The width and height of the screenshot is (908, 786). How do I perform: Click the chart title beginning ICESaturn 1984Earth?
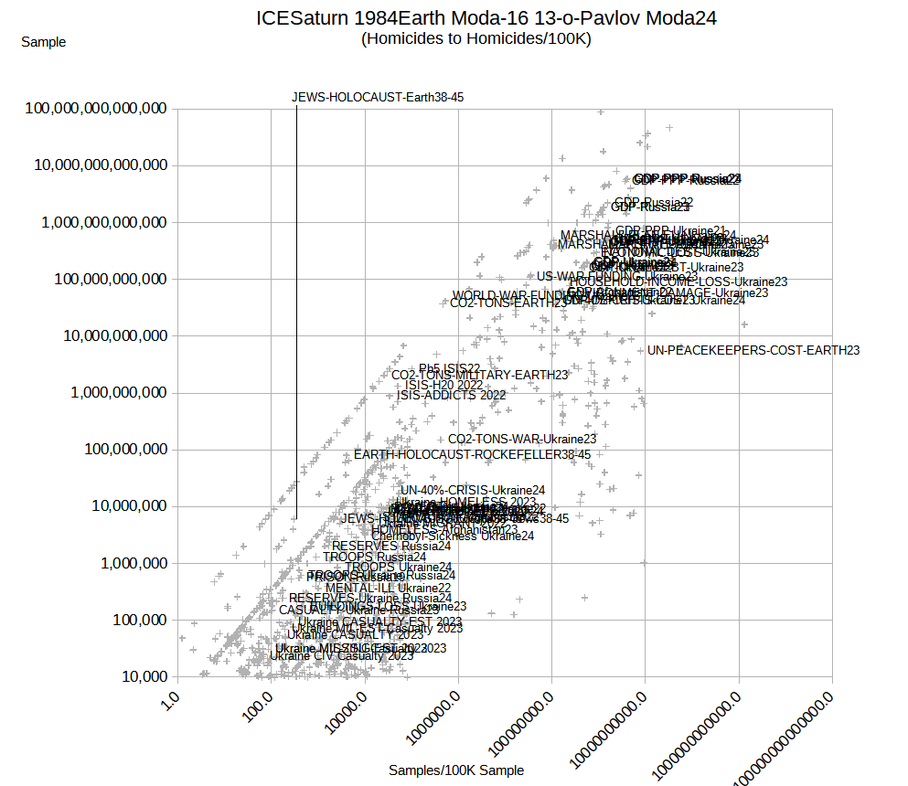(x=486, y=17)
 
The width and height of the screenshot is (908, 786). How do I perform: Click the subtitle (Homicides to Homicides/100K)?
(x=476, y=38)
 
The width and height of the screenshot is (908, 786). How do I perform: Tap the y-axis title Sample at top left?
(x=43, y=41)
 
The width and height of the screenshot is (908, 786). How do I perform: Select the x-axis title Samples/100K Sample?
(x=456, y=770)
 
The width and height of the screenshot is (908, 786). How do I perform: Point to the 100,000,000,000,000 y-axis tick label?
(x=96, y=109)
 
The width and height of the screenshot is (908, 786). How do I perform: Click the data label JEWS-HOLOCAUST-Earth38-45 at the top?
(x=379, y=98)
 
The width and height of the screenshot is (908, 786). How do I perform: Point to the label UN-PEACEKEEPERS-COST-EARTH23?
(x=753, y=350)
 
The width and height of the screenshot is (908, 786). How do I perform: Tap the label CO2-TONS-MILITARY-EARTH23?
(x=480, y=375)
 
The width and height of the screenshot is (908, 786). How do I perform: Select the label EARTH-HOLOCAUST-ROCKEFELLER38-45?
(x=472, y=454)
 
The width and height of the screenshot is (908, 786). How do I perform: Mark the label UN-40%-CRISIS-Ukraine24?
(x=473, y=491)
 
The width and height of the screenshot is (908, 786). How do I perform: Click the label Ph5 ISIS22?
(x=450, y=368)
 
